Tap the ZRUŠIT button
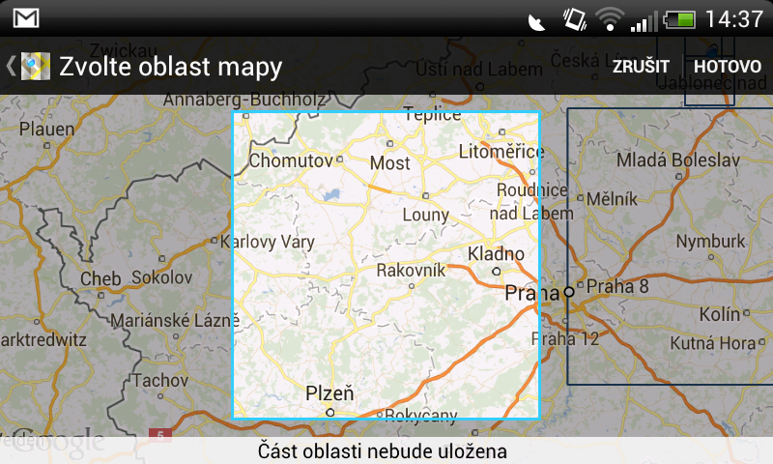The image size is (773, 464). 641,67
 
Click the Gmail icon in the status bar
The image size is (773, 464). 26,17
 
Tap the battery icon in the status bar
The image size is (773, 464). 679,18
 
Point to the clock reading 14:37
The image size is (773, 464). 734,18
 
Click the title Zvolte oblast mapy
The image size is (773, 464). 170,67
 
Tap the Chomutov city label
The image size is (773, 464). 291,161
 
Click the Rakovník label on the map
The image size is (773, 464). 411,270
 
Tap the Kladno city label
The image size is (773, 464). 496,254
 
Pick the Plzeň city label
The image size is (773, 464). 329,393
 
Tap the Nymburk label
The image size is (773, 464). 711,241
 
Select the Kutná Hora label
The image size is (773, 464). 713,342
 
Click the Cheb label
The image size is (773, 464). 100,278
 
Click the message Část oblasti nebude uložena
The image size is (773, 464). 383,451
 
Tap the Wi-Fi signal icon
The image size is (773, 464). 609,18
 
